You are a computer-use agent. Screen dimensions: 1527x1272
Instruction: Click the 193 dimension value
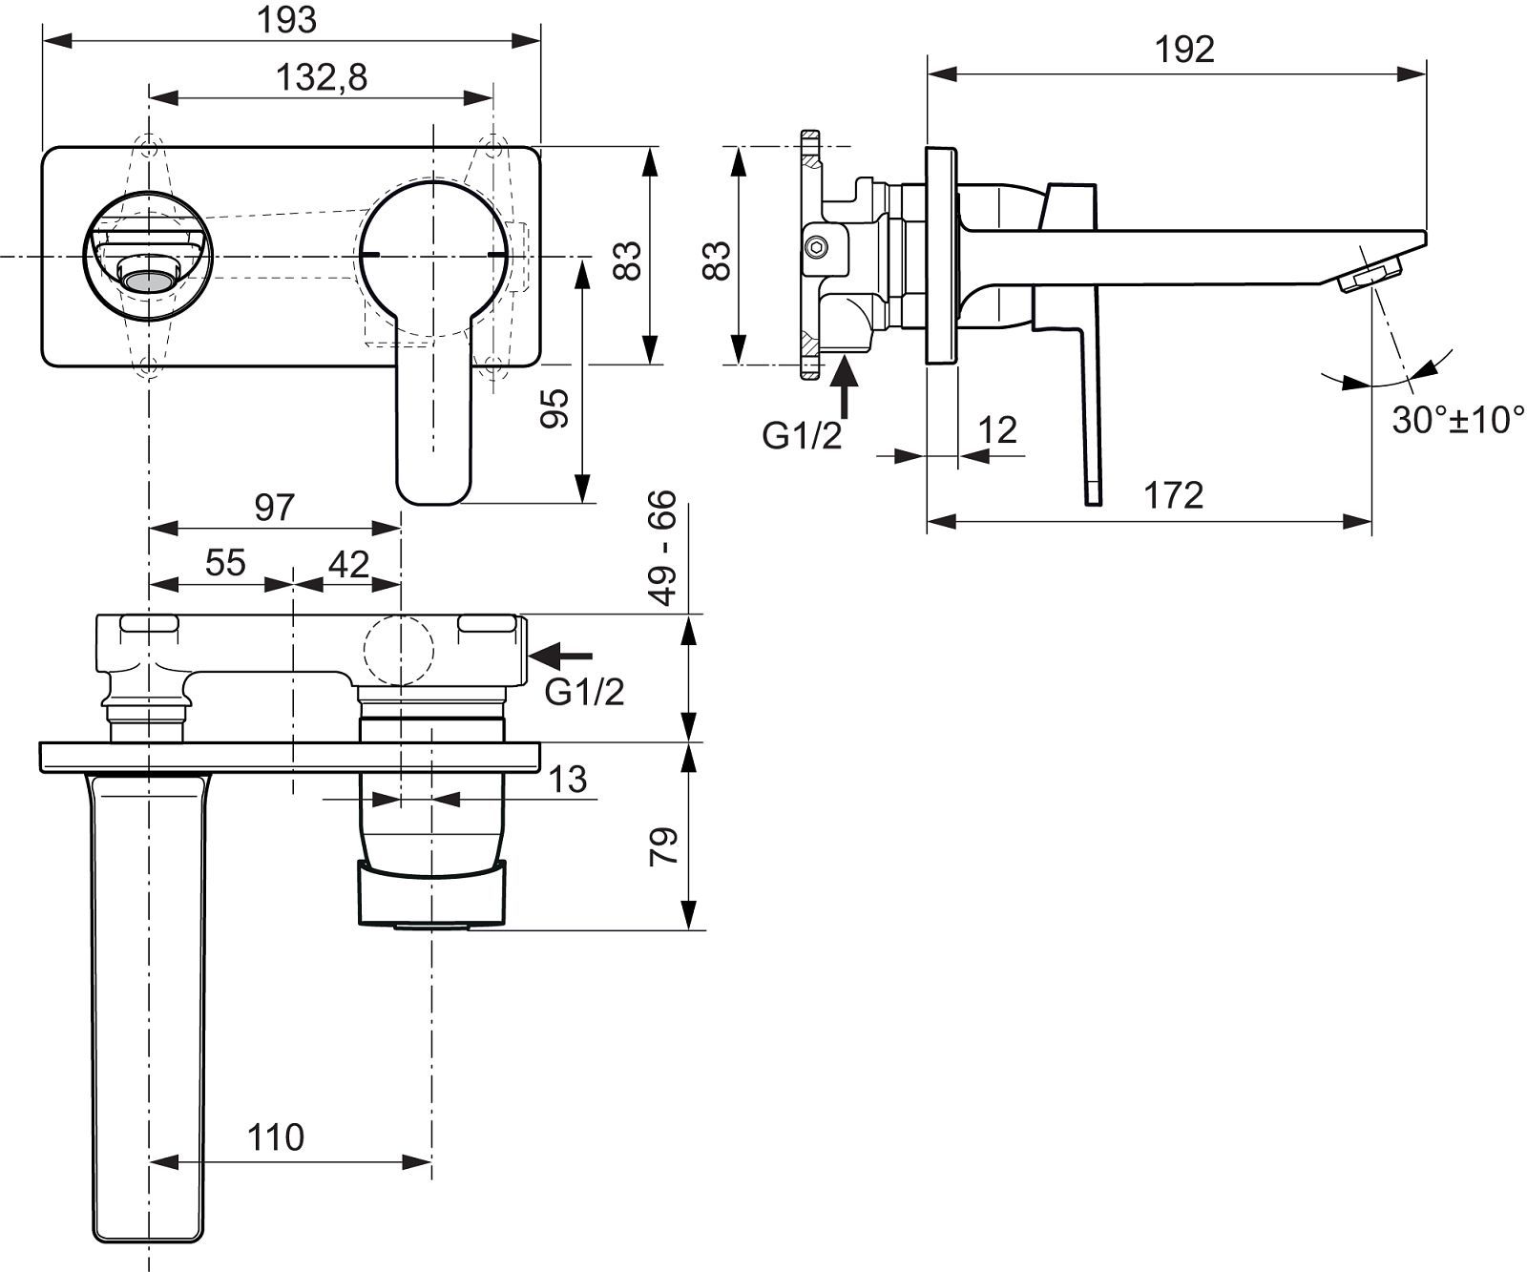click(288, 19)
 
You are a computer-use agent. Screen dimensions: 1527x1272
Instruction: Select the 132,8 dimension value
click(322, 77)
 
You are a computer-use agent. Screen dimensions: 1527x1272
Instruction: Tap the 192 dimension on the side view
click(1184, 49)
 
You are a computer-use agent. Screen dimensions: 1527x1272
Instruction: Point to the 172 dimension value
click(1174, 495)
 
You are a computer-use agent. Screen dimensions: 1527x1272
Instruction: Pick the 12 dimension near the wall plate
click(998, 429)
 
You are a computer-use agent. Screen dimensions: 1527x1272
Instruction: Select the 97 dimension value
click(275, 507)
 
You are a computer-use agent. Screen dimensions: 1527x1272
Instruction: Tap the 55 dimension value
click(226, 563)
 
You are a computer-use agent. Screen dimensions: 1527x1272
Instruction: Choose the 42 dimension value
click(348, 564)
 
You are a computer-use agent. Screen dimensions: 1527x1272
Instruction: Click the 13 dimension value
click(569, 780)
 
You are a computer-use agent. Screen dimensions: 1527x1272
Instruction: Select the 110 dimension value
click(276, 1136)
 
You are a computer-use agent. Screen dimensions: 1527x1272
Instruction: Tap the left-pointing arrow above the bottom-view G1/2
click(561, 655)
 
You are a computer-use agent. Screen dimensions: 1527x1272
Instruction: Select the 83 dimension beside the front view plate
click(627, 258)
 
